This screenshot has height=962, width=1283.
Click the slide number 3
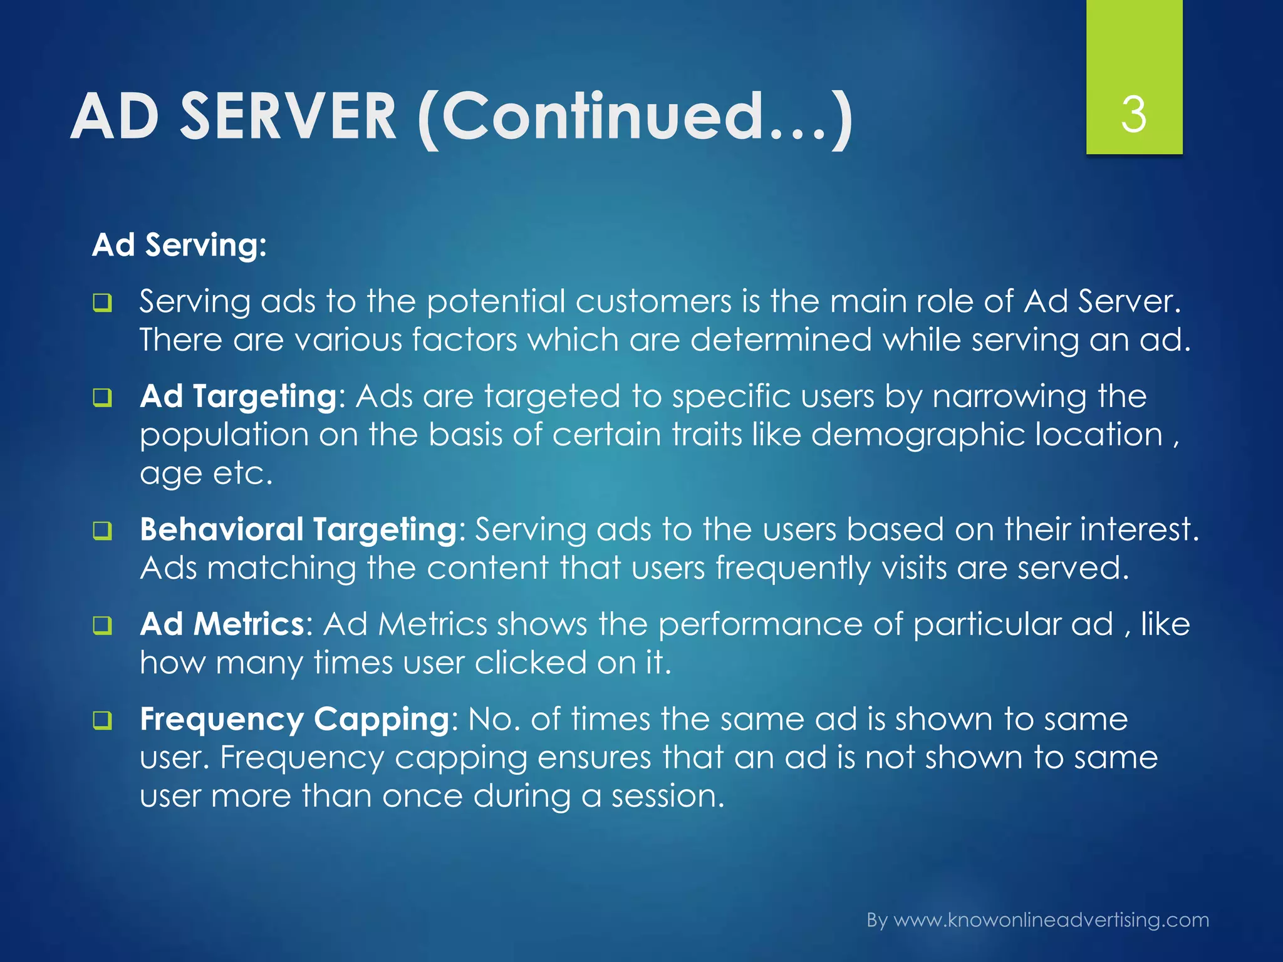(1134, 115)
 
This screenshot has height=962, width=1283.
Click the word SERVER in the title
(289, 117)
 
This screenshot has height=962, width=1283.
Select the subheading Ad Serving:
(179, 245)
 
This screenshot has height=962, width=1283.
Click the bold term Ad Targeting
(239, 397)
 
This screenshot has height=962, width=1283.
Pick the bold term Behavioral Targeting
(299, 530)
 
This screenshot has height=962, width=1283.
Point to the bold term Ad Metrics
(222, 624)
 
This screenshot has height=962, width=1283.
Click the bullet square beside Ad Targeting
(103, 398)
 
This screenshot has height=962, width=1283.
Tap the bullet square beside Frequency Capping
(103, 721)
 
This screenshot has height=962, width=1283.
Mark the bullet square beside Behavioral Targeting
(103, 531)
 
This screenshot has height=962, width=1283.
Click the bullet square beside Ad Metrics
(103, 626)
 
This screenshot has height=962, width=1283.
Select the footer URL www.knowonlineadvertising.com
(1051, 920)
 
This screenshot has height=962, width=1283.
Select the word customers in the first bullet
(653, 302)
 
